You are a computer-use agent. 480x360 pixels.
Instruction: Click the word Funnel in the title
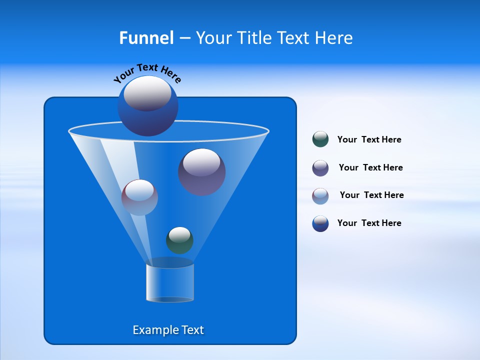[146, 38]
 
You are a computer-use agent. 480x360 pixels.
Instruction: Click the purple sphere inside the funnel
[201, 172]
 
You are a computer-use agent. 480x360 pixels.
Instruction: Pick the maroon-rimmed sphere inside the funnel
[139, 197]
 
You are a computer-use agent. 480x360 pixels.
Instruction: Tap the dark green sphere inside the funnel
[179, 240]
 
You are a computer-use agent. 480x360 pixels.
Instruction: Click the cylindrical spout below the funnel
[170, 282]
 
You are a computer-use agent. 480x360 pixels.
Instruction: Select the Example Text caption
[168, 330]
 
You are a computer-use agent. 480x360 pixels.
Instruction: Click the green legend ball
[320, 139]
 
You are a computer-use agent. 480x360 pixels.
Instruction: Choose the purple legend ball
[320, 168]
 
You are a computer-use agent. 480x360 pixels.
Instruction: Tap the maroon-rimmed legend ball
[320, 195]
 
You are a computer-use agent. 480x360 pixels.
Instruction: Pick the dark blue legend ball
[320, 223]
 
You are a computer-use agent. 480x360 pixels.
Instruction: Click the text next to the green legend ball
[369, 139]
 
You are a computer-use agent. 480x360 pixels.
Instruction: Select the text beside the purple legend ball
[370, 167]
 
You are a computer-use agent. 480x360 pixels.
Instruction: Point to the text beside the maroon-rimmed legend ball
[371, 195]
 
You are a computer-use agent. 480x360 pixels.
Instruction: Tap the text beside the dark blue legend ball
[369, 223]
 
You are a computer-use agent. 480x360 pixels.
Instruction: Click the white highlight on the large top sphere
[147, 93]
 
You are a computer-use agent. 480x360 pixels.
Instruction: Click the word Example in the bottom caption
[153, 330]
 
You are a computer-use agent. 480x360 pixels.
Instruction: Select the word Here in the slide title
[334, 38]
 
